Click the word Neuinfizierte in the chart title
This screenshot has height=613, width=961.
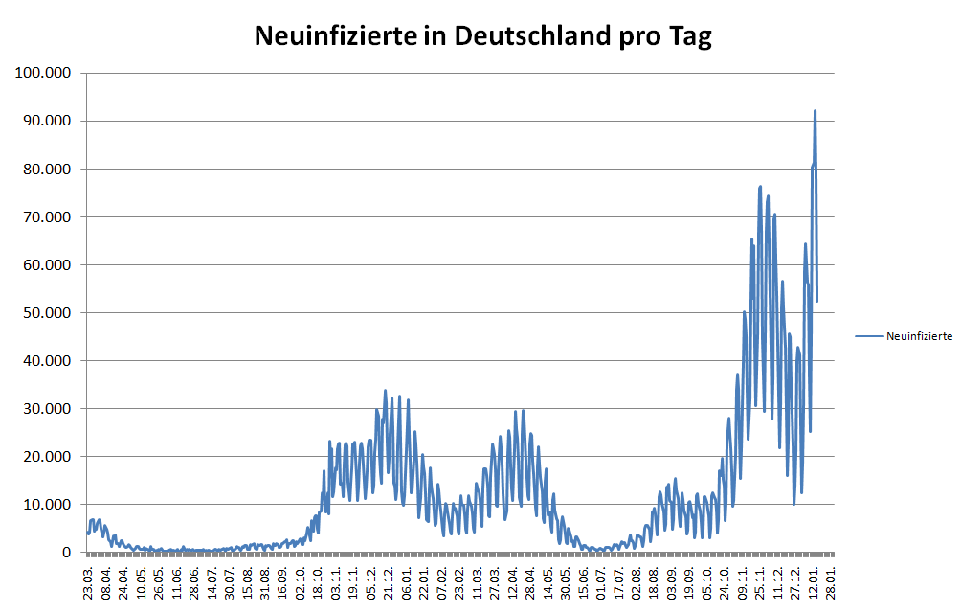333,36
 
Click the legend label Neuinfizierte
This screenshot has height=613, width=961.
919,337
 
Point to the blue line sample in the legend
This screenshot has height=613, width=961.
869,337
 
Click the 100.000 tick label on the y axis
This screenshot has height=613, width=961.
41,73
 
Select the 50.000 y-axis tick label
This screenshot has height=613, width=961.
45,312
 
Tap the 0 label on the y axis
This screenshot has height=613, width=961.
67,553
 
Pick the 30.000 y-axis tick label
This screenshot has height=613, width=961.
45,408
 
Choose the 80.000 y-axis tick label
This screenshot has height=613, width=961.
45,169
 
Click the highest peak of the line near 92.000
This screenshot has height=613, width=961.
815,111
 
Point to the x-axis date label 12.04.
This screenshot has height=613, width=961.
513,580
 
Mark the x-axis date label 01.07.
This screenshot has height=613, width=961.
601,580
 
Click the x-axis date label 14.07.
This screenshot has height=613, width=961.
212,580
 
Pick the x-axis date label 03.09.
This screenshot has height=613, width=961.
672,580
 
